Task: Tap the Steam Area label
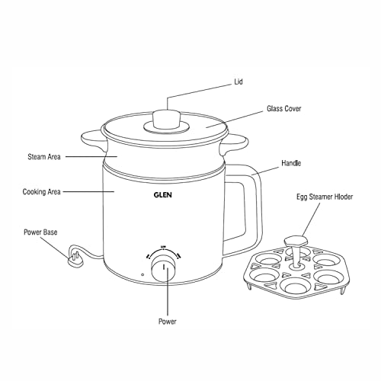tap(41, 158)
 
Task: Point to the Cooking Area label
tap(42, 192)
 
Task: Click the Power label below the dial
tap(167, 322)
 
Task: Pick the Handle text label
tap(290, 162)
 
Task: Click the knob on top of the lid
tap(165, 120)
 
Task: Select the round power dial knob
tap(163, 268)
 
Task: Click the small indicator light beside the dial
tap(142, 275)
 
